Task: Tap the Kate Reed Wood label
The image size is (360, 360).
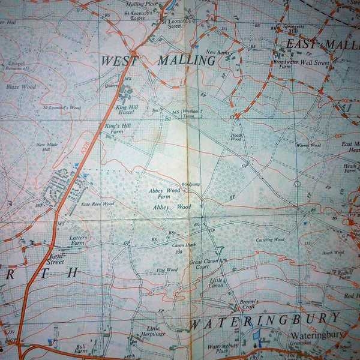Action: tap(97, 204)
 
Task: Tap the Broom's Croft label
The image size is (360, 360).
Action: tap(248, 304)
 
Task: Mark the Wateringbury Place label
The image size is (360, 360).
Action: tap(223, 349)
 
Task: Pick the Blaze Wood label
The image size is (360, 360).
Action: tap(21, 86)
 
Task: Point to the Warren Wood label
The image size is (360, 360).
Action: tap(308, 145)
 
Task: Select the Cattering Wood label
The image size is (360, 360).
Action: tap(270, 240)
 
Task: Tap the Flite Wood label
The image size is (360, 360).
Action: tap(167, 270)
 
